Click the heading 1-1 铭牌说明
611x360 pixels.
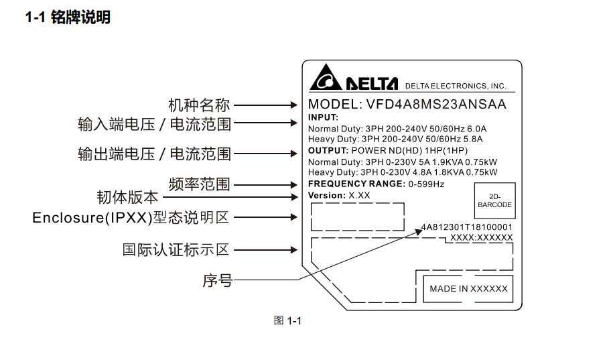click(68, 18)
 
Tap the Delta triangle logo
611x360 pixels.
click(325, 79)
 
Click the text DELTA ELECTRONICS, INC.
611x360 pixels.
click(456, 86)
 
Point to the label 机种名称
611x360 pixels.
click(199, 105)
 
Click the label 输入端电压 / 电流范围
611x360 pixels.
click(155, 123)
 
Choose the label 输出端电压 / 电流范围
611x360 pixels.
click(155, 154)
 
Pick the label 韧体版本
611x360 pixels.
click(128, 197)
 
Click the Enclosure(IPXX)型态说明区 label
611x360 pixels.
click(131, 217)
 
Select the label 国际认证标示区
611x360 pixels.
click(176, 250)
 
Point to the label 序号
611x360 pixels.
click(217, 280)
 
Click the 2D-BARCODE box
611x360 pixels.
click(494, 200)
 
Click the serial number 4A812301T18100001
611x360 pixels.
click(467, 227)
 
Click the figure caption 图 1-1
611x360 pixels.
click(287, 321)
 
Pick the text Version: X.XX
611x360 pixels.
click(338, 195)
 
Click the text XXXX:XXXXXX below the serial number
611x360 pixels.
click(481, 237)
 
